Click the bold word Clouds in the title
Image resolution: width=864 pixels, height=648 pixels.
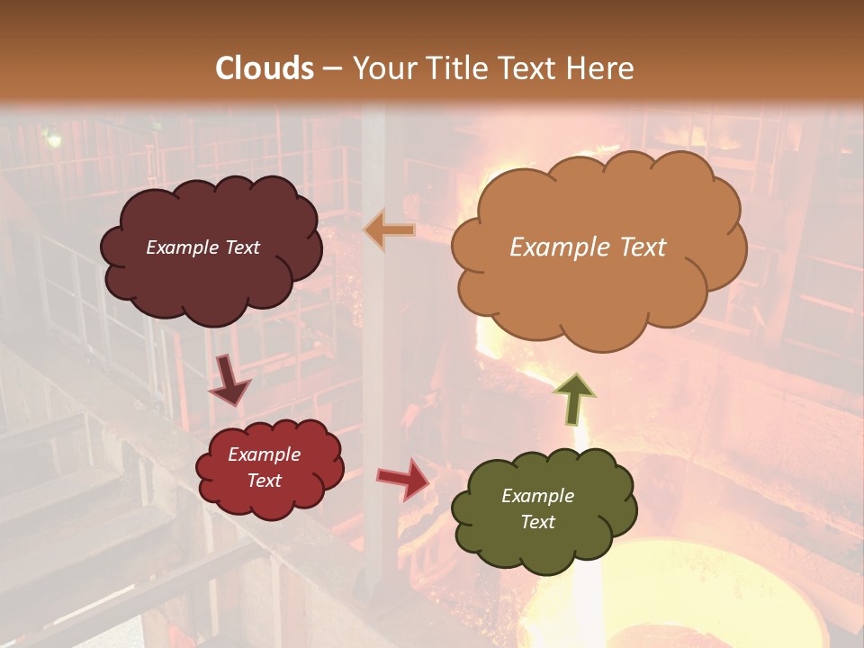(265, 68)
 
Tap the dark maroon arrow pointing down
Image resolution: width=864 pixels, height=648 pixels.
(229, 379)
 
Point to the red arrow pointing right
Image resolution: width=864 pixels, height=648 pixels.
(404, 478)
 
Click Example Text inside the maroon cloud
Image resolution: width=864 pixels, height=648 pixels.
(202, 247)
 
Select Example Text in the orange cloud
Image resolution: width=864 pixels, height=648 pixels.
(588, 247)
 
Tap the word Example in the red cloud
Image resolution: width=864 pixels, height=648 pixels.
(264, 454)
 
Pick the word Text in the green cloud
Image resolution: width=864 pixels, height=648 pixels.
(537, 522)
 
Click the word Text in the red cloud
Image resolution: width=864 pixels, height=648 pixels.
(264, 481)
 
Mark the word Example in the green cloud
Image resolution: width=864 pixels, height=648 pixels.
(537, 496)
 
